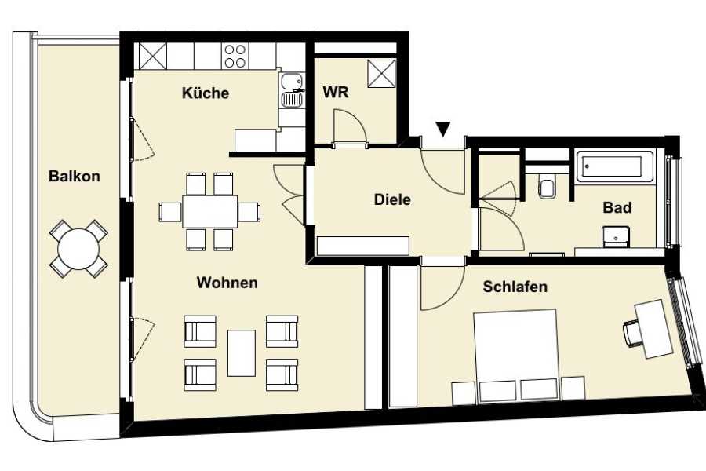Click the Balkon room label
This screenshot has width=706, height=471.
click(75, 176)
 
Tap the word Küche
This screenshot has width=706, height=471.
click(206, 93)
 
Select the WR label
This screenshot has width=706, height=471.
click(336, 93)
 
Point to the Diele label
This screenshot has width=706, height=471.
click(392, 199)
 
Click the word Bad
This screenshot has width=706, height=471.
click(617, 208)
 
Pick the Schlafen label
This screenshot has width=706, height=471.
click(515, 287)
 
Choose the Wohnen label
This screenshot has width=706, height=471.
click(227, 283)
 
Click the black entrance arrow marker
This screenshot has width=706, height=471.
click(443, 129)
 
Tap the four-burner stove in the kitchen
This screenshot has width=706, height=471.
click(235, 56)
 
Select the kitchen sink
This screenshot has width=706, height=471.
click(291, 90)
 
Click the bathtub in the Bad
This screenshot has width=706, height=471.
click(614, 166)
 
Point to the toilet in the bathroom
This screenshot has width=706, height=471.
click(547, 187)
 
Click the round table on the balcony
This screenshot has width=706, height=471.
click(78, 249)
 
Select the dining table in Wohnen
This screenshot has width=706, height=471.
click(209, 211)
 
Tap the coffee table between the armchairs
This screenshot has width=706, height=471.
click(242, 353)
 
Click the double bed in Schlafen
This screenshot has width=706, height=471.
click(515, 355)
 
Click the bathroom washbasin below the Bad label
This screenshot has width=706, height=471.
click(616, 237)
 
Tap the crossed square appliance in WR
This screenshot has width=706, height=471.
click(381, 74)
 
